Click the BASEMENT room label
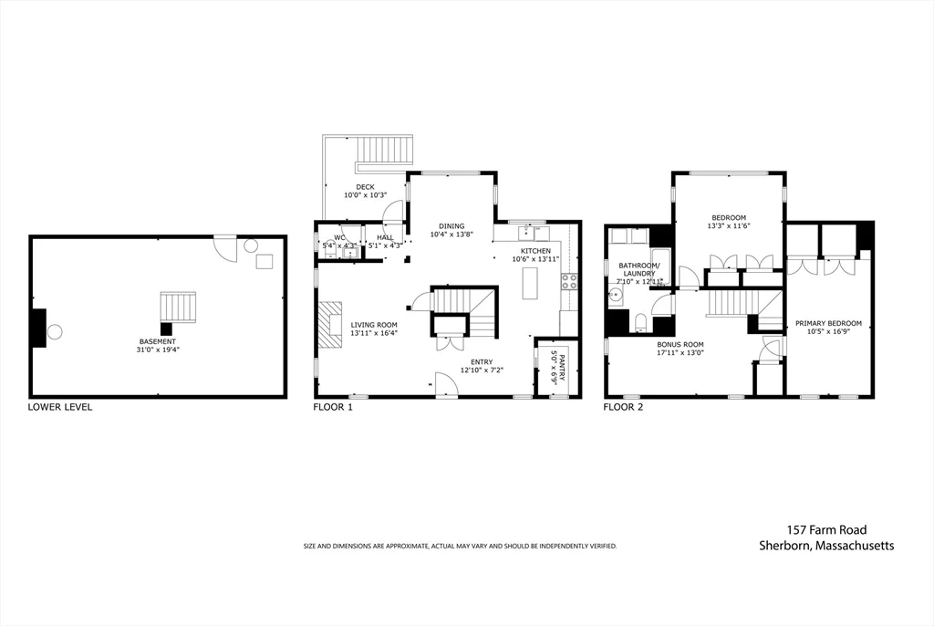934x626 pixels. [x=158, y=341]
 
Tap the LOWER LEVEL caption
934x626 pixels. [x=60, y=407]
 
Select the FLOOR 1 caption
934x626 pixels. [x=333, y=407]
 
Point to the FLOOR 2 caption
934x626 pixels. [x=623, y=407]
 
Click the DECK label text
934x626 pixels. [x=365, y=187]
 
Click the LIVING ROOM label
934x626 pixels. [x=374, y=325]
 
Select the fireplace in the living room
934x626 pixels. [x=328, y=326]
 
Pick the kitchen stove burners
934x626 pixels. [x=569, y=281]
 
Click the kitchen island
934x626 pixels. [x=528, y=285]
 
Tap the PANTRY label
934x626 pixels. [x=557, y=367]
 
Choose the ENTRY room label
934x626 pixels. [x=481, y=362]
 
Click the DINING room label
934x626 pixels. [x=451, y=226]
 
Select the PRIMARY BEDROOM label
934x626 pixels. [x=828, y=323]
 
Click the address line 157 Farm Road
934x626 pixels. [x=826, y=529]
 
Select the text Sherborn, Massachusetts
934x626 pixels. [x=826, y=546]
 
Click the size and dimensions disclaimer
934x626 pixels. [x=460, y=546]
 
